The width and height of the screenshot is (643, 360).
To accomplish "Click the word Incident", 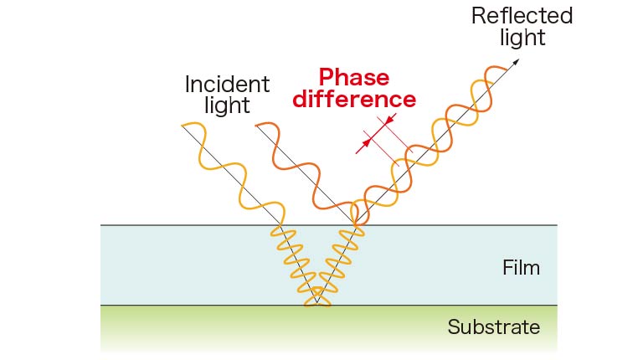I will pos(227,85).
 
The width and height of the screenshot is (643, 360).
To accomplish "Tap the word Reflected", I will pos(522,16).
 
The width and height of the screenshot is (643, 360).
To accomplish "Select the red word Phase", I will pos(352,78).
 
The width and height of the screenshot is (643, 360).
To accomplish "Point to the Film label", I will pos(521,268).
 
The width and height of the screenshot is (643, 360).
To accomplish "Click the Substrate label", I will pos(493,327).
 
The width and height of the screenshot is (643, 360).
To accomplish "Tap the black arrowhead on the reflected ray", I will pos(517,61).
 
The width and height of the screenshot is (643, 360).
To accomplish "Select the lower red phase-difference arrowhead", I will pos(364,145).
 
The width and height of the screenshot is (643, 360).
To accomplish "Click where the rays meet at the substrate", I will pos(317,302).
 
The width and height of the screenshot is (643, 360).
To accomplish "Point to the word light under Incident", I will pos(226,106).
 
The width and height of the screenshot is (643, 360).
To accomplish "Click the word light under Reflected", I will pos(522,38).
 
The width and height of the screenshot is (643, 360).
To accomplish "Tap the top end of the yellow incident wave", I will pos(183,126).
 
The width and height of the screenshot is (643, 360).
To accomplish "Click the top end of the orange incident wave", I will pos(257,126).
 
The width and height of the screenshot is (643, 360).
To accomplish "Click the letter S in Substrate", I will pos(453,327).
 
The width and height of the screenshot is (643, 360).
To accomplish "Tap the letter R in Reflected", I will pos(478,16).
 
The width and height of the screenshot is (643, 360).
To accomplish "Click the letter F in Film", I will pos(507,268).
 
